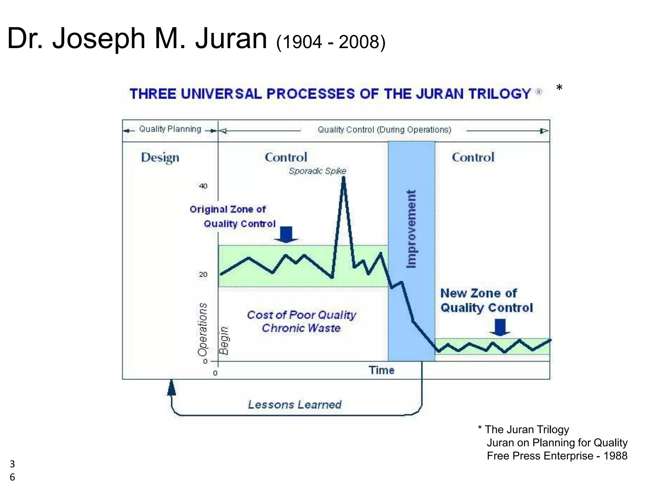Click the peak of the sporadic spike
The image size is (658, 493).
pos(343,178)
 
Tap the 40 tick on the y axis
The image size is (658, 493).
pos(203,186)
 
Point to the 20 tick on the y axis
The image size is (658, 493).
pos(203,275)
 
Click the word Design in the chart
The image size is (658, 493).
pos(160,158)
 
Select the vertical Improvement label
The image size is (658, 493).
pos(411,229)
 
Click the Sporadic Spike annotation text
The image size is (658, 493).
pos(317,171)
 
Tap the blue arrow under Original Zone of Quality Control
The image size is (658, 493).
pos(286,234)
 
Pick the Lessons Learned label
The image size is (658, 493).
pos(295,405)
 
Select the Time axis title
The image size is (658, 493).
pos(381,370)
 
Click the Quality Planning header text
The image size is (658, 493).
pos(170,129)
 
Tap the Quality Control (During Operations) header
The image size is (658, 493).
pos(384,130)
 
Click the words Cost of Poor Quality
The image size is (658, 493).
pos(301,315)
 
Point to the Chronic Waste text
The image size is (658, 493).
pos(301,328)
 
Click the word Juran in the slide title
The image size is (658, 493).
pos(231,39)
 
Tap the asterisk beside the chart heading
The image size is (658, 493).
pos(559,88)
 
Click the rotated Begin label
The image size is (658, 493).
pos(224,340)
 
